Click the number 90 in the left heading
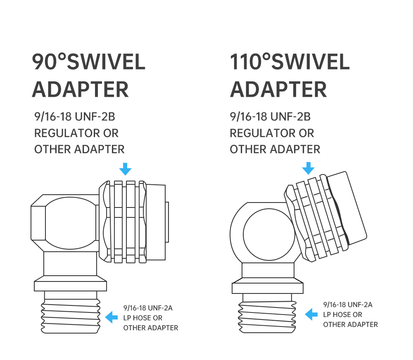coord(45,62)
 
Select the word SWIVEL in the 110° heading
coord(311,62)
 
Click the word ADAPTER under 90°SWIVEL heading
coord(81,90)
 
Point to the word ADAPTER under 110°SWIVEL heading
coord(278,90)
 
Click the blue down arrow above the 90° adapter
coord(126,169)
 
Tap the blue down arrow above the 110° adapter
coord(308,168)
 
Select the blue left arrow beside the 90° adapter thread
coord(112,317)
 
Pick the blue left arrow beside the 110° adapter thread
coord(311,314)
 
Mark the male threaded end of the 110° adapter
coord(267,314)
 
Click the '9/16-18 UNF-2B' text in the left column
coord(75,117)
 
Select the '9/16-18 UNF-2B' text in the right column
coord(270,117)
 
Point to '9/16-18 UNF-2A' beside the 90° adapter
coord(148,308)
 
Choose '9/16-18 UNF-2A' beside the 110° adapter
coord(348,305)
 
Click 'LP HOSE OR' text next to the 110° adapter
coord(343,315)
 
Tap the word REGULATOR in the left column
coord(67,133)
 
